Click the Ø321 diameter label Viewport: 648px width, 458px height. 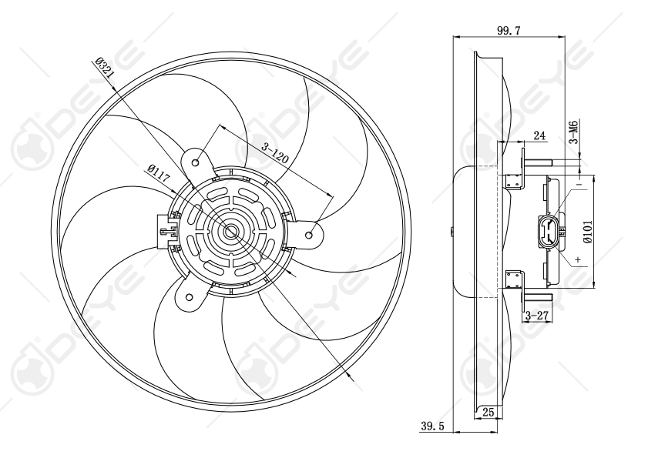pos(106,72)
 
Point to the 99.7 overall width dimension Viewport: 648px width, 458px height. pos(509,30)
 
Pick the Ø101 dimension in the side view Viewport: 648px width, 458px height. pos(588,231)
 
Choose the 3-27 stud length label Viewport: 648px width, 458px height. pos(536,316)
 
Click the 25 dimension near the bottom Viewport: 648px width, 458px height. pos(487,413)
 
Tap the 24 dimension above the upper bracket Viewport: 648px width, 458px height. pos(539,136)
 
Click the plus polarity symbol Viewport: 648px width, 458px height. pos(577,261)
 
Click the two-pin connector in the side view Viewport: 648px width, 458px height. pos(549,231)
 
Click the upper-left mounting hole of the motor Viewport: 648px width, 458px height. pos(196,162)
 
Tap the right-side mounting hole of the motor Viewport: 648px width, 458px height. pos(311,232)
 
